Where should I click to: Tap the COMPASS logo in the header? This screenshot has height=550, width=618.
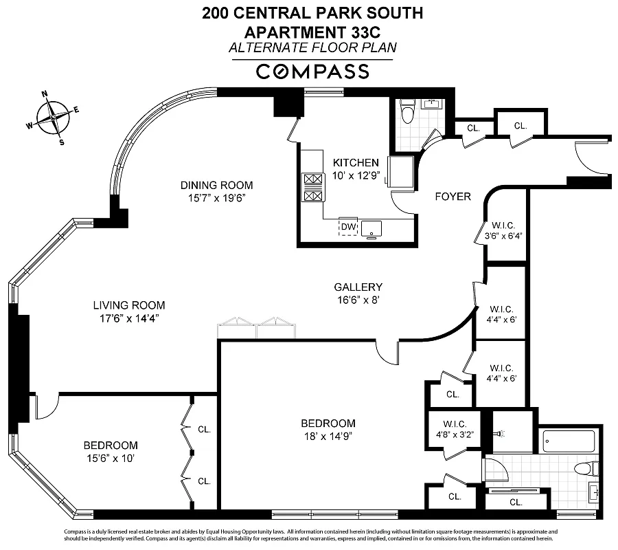click(x=312, y=71)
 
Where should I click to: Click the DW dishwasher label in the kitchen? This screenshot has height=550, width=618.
click(x=348, y=226)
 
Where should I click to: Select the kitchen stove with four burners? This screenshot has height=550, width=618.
click(x=313, y=187)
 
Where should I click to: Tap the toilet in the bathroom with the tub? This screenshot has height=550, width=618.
click(x=584, y=470)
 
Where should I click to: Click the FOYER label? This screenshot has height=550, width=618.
click(x=453, y=197)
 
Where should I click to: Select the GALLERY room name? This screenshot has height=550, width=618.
click(x=358, y=287)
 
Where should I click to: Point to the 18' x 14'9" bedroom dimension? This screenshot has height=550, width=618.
click(x=328, y=436)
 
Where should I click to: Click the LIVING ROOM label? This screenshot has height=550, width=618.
click(x=129, y=305)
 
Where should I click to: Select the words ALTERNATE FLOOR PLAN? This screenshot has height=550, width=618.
click(x=312, y=47)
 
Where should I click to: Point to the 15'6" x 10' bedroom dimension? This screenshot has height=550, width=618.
click(x=111, y=458)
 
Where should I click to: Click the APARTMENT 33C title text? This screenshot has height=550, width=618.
click(x=312, y=31)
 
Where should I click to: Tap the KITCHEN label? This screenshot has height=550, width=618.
click(x=356, y=162)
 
